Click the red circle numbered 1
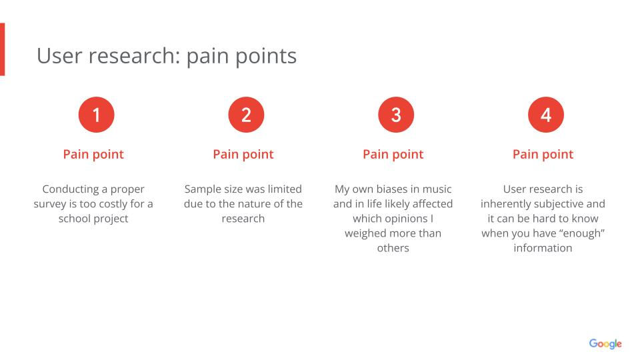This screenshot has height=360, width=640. pyautogui.click(x=96, y=115)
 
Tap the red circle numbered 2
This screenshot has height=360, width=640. pyautogui.click(x=246, y=115)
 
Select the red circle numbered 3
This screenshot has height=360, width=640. pyautogui.click(x=396, y=115)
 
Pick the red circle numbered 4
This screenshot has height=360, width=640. pyautogui.click(x=545, y=115)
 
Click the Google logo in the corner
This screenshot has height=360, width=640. pyautogui.click(x=605, y=344)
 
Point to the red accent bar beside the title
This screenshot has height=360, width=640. pyautogui.click(x=2, y=49)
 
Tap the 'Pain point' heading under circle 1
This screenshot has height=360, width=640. pyautogui.click(x=93, y=154)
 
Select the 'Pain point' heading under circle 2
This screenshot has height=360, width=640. pyautogui.click(x=243, y=154)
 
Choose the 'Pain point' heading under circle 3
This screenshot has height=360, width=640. pyautogui.click(x=393, y=154)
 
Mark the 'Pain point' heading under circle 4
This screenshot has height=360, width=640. pyautogui.click(x=543, y=154)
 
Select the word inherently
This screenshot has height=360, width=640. pyautogui.click(x=507, y=204)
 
